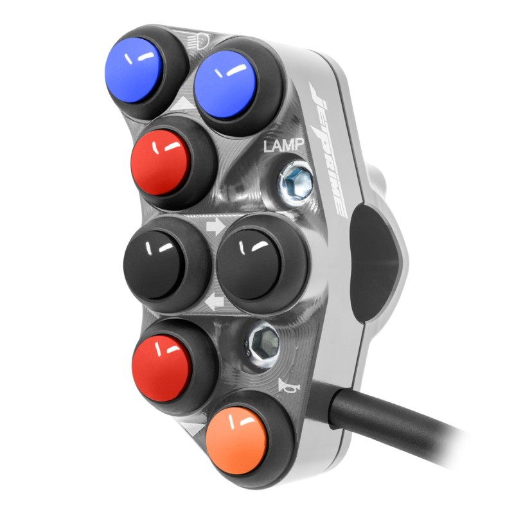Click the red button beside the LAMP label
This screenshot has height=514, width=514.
[x=161, y=163]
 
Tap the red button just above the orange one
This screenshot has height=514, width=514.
[x=161, y=368]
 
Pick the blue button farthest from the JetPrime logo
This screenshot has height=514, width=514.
[x=134, y=71]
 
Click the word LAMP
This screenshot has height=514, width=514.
[x=284, y=145]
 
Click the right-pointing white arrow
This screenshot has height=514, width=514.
[x=215, y=227]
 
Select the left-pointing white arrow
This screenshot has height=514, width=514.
[x=214, y=301]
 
